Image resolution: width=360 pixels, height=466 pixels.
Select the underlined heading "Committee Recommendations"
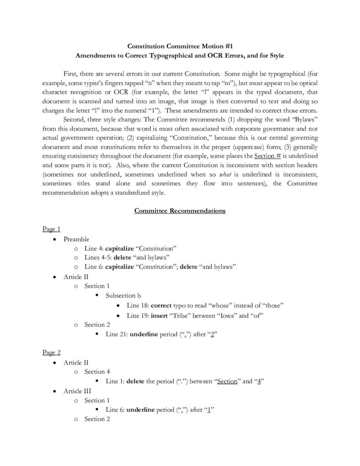(x=179, y=211)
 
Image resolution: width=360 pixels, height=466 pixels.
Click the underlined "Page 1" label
(x=51, y=229)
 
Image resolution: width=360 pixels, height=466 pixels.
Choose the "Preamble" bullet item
(x=76, y=239)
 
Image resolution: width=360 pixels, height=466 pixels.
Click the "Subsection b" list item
(x=123, y=295)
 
